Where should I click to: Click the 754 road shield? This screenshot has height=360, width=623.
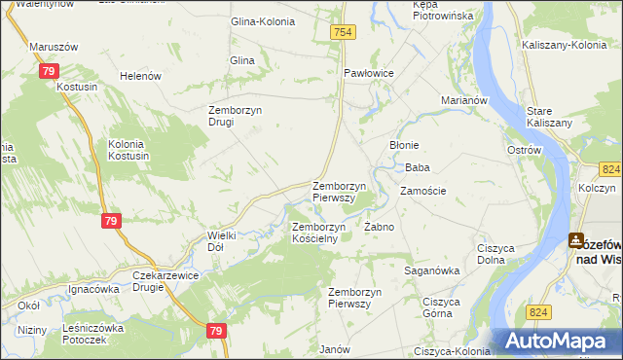[x=343, y=33]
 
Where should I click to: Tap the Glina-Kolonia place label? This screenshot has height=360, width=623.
[x=261, y=21]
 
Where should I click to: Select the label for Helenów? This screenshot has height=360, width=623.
[x=138, y=76]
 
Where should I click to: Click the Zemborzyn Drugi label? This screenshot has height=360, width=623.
[x=235, y=116]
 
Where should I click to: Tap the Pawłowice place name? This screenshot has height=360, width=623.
[x=369, y=73]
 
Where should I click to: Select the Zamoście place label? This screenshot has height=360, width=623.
[x=422, y=191]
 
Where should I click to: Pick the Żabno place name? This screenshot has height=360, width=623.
[x=379, y=227]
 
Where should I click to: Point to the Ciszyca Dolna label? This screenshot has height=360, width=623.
[x=495, y=255]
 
